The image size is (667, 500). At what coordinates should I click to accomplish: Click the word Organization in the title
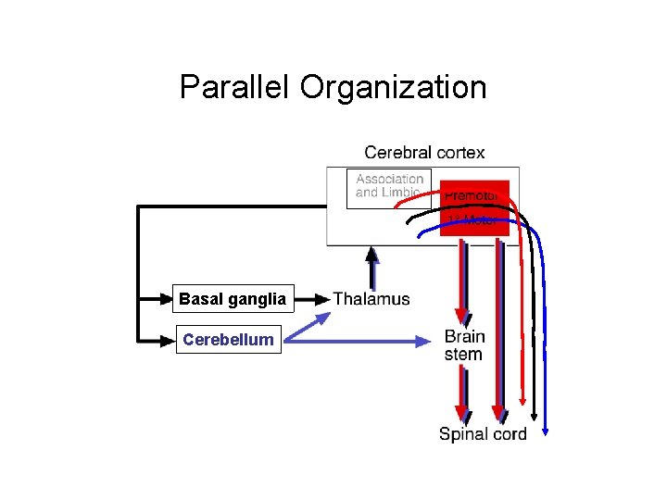(393, 87)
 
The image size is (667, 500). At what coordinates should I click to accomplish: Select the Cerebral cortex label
(424, 152)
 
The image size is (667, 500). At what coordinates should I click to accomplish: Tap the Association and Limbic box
(389, 186)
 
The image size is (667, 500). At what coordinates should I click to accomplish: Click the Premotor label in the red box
(472, 195)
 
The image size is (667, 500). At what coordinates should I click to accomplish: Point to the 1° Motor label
(472, 220)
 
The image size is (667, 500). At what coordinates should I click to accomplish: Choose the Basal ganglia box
(233, 299)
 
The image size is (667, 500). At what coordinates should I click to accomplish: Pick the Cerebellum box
(228, 340)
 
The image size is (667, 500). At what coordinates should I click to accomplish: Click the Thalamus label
(371, 299)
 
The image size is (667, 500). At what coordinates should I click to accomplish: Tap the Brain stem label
(464, 344)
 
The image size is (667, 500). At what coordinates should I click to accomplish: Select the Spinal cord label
(483, 434)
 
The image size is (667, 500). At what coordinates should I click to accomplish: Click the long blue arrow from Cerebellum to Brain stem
(361, 341)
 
